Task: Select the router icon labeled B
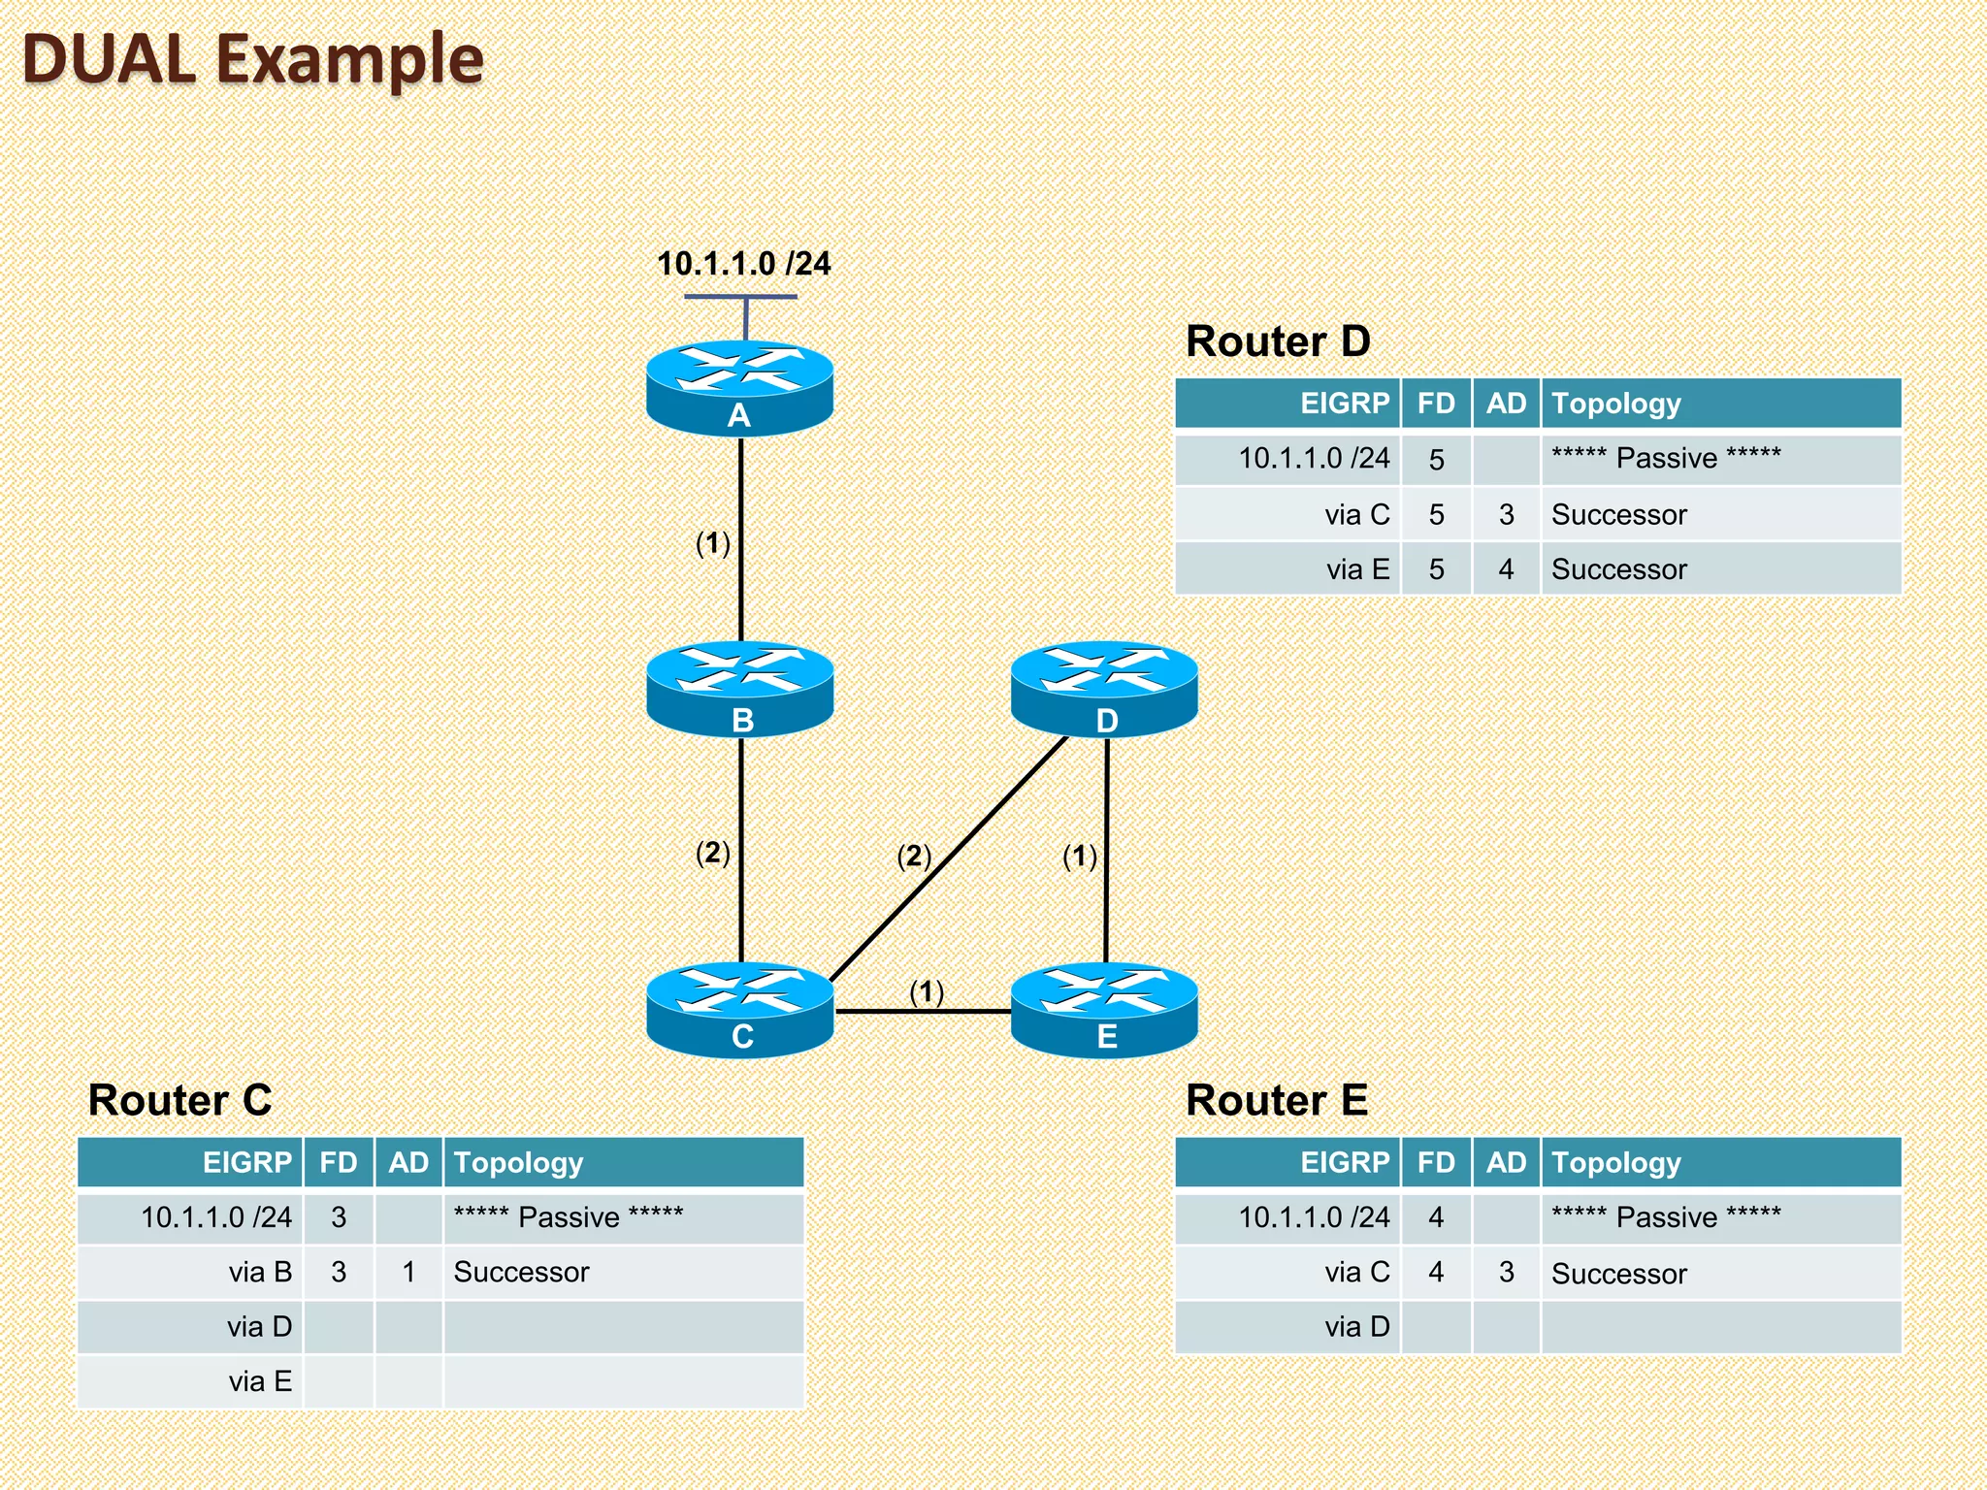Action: [x=739, y=688]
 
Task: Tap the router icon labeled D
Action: [x=1104, y=688]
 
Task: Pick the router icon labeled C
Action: [x=739, y=1008]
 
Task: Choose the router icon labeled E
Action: [x=1104, y=1008]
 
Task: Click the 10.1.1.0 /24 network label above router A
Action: [x=743, y=264]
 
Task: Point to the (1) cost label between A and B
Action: [x=713, y=543]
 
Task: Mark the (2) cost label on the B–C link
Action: [x=713, y=853]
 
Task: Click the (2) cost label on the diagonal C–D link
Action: [x=914, y=856]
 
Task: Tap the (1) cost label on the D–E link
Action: [x=1080, y=856]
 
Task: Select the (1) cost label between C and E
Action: [x=927, y=991]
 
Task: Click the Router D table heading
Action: [x=1278, y=341]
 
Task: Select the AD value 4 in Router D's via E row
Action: [x=1506, y=569]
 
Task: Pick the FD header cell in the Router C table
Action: [x=339, y=1162]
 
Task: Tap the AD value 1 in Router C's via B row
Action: [x=408, y=1272]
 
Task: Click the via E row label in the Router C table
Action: [x=260, y=1381]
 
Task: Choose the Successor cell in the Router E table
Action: [x=1618, y=1273]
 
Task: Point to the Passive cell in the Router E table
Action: [x=1666, y=1216]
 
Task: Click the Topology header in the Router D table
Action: [x=1615, y=404]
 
